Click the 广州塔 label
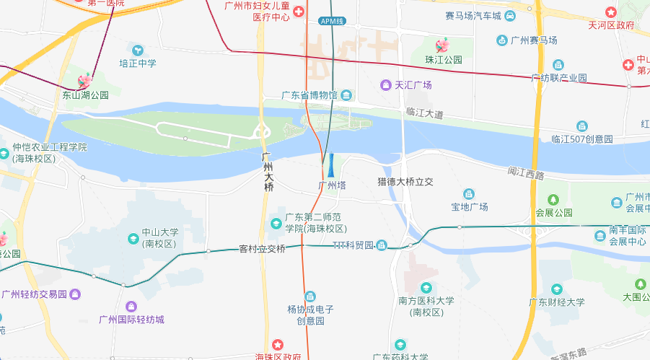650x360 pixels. pos(333,185)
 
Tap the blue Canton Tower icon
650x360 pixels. pos(331,165)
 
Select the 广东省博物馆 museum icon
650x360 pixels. pos(347,95)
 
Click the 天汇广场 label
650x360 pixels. pos(413,85)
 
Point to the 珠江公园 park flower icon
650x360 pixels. pos(442,45)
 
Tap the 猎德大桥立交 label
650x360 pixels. pos(405,182)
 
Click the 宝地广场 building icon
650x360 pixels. pos(469,193)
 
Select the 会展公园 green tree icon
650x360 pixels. pos(553,199)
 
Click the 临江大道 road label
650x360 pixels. pos(424,113)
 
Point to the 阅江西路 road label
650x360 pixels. pos(525,172)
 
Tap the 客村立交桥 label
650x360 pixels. pos(263,249)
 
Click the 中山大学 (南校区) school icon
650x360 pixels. pos(133,238)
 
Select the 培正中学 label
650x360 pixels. pos(138,63)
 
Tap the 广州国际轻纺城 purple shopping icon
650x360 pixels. pos(131,307)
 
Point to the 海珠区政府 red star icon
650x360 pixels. pos(278,345)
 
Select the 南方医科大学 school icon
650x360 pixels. pos(426,288)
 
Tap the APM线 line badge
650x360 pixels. pos(331,21)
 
